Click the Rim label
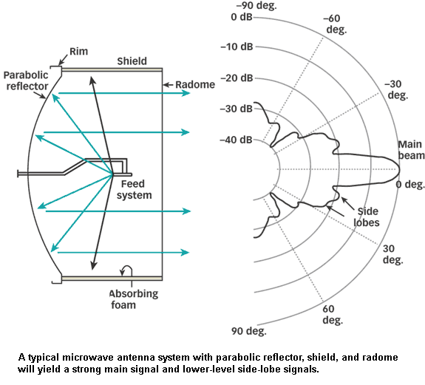coord(78,51)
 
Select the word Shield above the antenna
coord(132,61)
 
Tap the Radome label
coord(195,84)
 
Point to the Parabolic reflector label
coord(26,81)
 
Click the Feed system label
coord(135,189)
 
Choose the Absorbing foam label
coord(134,299)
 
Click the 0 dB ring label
coord(242,17)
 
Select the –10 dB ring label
coord(237,47)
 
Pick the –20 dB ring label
coord(237,78)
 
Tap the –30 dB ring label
coord(237,109)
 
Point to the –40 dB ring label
coord(237,140)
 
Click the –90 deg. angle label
coord(256,6)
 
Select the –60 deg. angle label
coord(336,24)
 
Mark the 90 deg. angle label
coord(249,331)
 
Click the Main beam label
coord(411,150)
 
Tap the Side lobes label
coord(367,217)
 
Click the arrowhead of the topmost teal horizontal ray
coord(186,93)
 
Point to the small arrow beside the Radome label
coord(168,85)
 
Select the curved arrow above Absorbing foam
coord(126,270)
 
